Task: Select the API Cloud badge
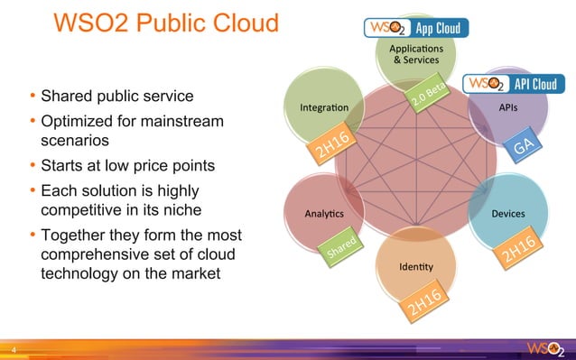pyautogui.click(x=515, y=84)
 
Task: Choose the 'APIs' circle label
pyautogui.click(x=508, y=106)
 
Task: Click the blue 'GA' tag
pyautogui.click(x=527, y=147)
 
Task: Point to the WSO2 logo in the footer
pyautogui.click(x=547, y=347)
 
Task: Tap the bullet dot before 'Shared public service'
pyautogui.click(x=33, y=96)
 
